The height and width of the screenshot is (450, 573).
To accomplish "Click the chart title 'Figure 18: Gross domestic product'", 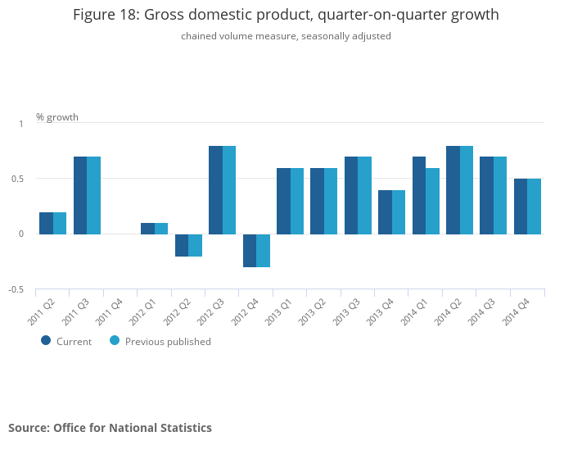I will click(286, 15).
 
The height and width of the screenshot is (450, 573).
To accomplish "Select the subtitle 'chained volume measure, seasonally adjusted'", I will click(286, 36).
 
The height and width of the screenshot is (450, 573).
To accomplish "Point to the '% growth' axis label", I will click(57, 117).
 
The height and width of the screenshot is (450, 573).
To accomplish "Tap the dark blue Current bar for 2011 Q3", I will click(80, 195).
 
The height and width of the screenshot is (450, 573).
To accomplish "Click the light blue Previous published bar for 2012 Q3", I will click(229, 190).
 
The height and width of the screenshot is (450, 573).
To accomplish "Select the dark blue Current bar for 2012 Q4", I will click(250, 250).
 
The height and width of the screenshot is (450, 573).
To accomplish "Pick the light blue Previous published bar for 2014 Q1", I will click(432, 201).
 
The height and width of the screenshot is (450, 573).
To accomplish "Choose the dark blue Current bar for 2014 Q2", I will click(453, 190).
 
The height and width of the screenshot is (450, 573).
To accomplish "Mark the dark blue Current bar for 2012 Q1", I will click(147, 229).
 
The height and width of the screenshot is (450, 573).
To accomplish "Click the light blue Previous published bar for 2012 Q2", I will click(195, 245).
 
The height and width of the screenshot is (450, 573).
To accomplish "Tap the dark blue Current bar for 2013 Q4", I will click(385, 212).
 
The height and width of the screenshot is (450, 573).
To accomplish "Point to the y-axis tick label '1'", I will click(22, 124).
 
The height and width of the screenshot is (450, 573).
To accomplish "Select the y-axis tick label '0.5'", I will click(18, 179).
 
